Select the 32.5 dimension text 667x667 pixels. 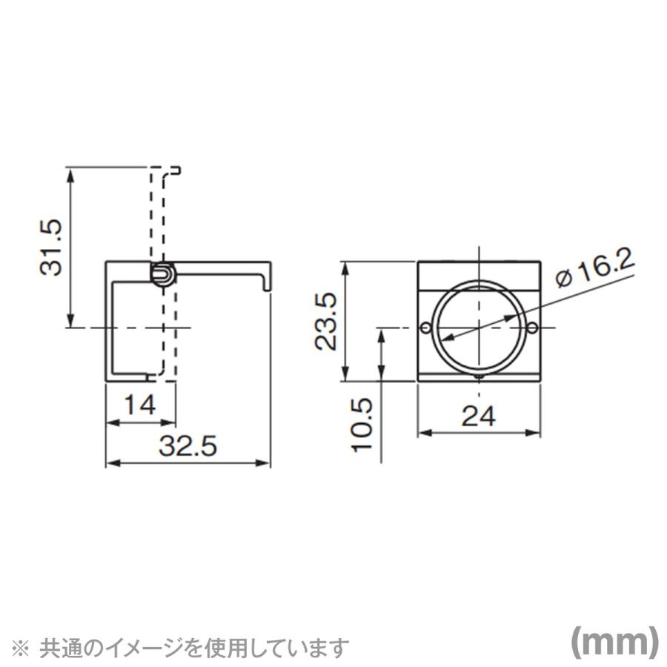tap(188, 446)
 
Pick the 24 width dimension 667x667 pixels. tap(479, 417)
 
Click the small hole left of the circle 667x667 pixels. tap(425, 328)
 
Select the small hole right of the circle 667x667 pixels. tap(533, 328)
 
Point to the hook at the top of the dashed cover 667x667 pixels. tap(176, 171)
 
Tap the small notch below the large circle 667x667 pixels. tap(479, 377)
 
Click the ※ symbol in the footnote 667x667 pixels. tap(24, 647)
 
